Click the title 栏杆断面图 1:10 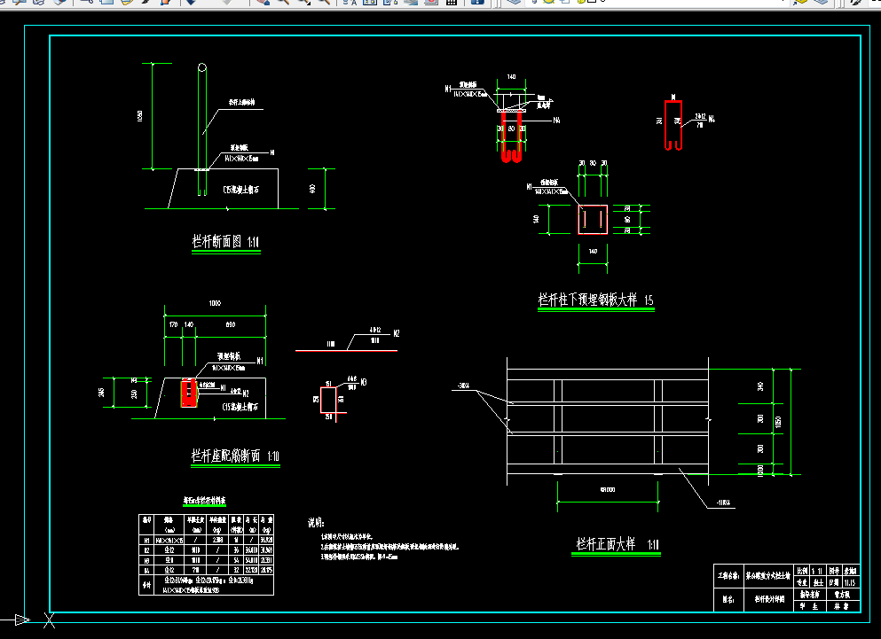tap(225, 241)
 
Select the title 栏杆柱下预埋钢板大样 tap(595, 300)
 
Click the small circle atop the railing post tap(203, 67)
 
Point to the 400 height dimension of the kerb tap(312, 188)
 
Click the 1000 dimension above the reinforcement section tap(214, 303)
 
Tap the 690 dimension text tap(231, 325)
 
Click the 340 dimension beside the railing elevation tap(760, 386)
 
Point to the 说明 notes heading tap(316, 523)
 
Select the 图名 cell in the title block tap(727, 599)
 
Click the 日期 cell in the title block tap(835, 583)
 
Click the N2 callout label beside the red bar tap(396, 333)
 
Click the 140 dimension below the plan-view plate tap(592, 253)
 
